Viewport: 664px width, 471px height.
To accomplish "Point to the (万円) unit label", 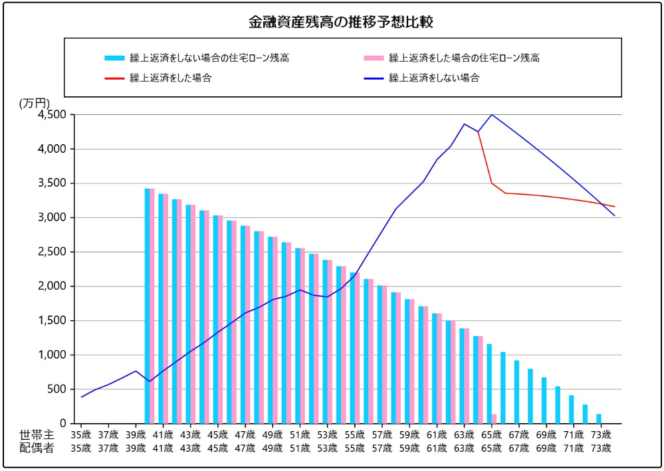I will coord(35,103).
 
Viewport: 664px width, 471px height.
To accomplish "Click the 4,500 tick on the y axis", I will coord(52,115).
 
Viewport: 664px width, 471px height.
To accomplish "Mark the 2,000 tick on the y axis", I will coord(52,286).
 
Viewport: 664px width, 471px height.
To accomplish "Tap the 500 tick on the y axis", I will coord(58,389).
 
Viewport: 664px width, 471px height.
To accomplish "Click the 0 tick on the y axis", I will coord(63,423).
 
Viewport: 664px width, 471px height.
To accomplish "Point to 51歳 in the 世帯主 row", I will coord(300,434).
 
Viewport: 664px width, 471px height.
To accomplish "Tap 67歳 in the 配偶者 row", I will coord(518,448).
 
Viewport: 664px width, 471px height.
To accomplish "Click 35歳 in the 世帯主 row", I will coord(81,434).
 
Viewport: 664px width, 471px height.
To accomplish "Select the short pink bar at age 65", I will coord(494,419).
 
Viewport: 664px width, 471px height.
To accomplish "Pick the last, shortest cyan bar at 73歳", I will coord(599,419).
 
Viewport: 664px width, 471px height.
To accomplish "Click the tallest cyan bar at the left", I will coord(147,306).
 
